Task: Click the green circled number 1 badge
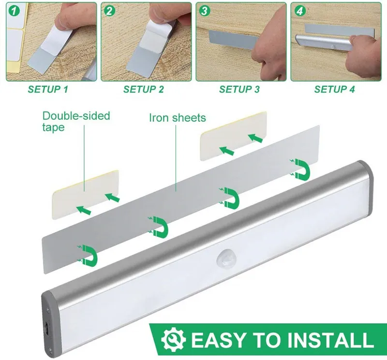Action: pos(15,11)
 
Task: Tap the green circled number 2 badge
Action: pos(109,11)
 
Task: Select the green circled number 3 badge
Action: pos(204,11)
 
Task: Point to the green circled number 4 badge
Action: pos(299,11)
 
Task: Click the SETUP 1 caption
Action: pos(48,89)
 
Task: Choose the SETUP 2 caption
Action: pos(143,89)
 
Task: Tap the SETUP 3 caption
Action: pos(239,89)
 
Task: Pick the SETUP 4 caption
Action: pos(334,89)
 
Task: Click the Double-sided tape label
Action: pos(76,122)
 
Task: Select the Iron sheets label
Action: pos(178,118)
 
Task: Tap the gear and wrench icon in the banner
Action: pos(174,339)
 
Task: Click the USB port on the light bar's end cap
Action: pos(46,328)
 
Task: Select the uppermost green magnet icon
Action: pos(300,169)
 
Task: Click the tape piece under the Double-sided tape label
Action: pos(86,194)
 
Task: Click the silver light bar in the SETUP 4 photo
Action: pos(324,42)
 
